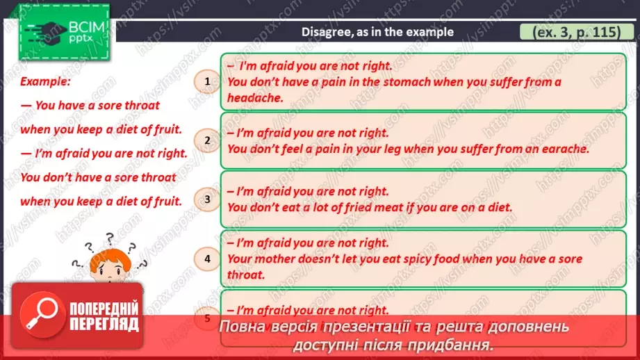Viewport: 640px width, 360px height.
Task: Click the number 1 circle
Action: [x=207, y=83]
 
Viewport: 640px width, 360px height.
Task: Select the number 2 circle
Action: [x=207, y=141]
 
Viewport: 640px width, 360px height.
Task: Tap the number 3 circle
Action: [x=207, y=201]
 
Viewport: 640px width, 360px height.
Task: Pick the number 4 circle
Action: [x=207, y=260]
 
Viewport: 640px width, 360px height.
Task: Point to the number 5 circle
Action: [x=207, y=318]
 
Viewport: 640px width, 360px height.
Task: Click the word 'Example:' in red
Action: [x=45, y=81]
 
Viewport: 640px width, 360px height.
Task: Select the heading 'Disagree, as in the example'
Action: [x=377, y=32]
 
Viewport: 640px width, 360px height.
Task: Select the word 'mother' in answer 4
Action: [x=278, y=259]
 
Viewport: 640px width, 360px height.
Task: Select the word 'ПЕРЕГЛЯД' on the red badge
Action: [x=102, y=324]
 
